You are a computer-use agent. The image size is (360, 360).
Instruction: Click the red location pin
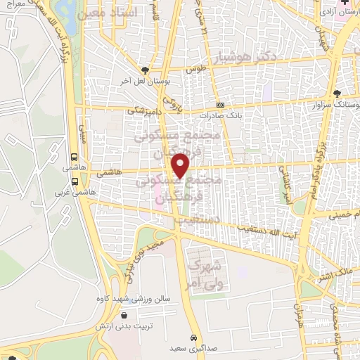click(x=181, y=165)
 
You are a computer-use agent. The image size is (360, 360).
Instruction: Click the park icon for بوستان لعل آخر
click(x=145, y=70)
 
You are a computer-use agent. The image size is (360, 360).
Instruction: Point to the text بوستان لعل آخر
click(x=146, y=82)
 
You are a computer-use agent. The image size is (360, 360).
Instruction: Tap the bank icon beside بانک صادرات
click(x=221, y=105)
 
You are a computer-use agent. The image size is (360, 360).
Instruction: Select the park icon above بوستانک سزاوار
click(x=337, y=94)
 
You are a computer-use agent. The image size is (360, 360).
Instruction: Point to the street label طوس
click(x=195, y=69)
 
